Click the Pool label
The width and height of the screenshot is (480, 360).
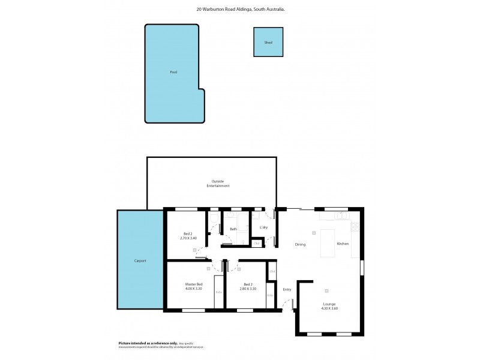[173, 72]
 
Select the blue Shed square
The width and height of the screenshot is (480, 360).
[268, 43]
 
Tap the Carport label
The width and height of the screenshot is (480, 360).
[140, 261]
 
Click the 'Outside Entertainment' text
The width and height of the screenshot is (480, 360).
[218, 184]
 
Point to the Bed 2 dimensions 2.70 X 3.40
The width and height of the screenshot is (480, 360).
[188, 238]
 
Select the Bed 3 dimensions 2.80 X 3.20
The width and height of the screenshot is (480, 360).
[250, 289]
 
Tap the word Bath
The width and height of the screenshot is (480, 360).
[233, 229]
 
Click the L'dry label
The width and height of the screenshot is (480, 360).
[263, 227]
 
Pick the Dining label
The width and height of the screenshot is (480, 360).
[301, 244]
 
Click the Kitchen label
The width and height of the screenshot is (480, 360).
[343, 244]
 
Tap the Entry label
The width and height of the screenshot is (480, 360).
[287, 290]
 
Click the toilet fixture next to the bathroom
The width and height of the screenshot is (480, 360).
[214, 217]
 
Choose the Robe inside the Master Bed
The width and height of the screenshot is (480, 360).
[219, 292]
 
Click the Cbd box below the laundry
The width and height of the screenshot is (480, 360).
[256, 243]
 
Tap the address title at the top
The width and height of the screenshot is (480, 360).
[240, 10]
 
